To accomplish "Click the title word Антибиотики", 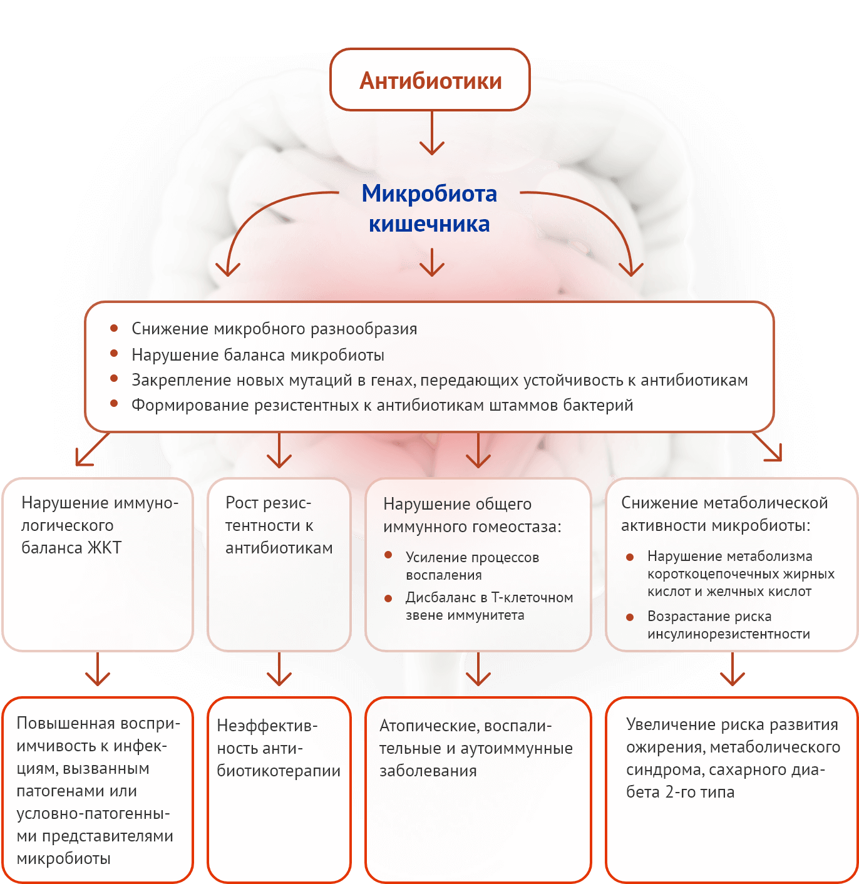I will [430, 81].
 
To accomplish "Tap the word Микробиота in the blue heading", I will [429, 193].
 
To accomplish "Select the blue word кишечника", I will [429, 224].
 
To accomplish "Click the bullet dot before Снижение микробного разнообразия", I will [114, 328].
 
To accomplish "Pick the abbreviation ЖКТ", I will [104, 548].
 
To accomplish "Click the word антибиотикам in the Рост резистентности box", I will [279, 548].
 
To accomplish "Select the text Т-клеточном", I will [532, 597].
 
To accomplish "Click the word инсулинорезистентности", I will [729, 634].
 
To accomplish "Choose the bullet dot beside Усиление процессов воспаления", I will [388, 555].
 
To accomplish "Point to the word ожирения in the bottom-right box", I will [666, 747].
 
